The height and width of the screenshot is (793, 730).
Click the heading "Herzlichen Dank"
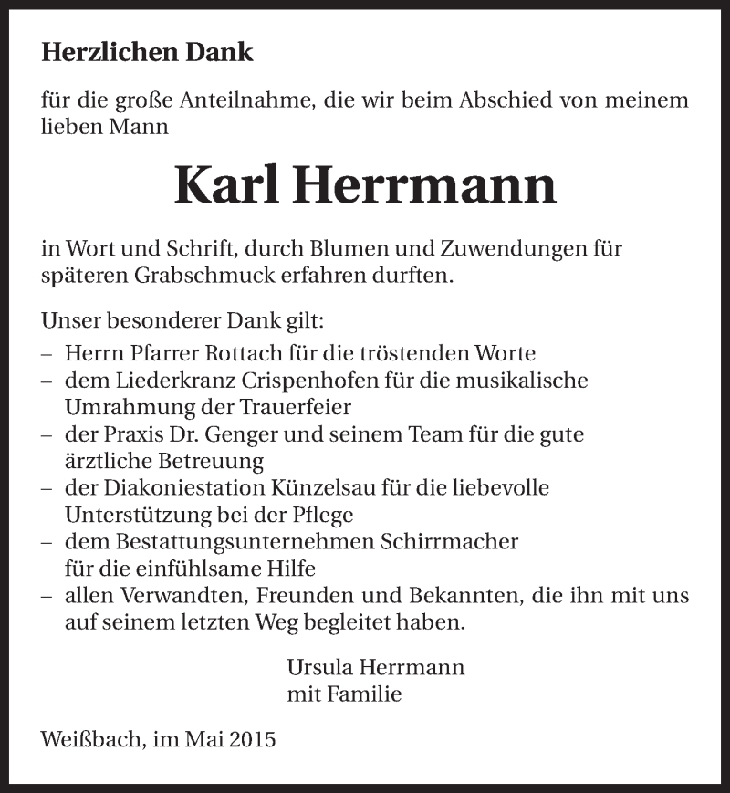click(147, 53)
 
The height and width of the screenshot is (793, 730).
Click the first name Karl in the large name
click(226, 185)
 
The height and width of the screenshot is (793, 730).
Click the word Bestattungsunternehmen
click(234, 542)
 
